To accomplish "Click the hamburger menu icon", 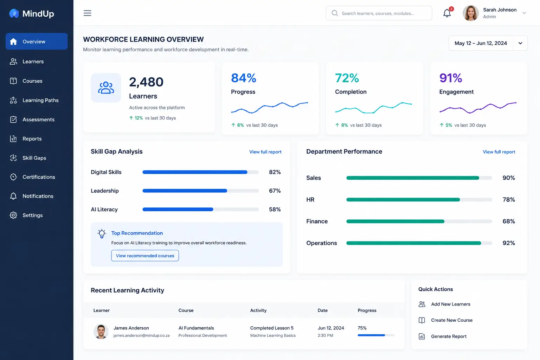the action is coord(87,13).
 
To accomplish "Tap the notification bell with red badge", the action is coord(448,13).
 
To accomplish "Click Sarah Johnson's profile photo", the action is coord(471,13).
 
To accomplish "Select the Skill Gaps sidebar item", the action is coord(34,158).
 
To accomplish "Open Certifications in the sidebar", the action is coord(39,177).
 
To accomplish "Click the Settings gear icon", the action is coord(13,215).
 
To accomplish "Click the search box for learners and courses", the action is coord(379,13).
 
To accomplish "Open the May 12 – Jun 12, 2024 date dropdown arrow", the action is coord(520,43).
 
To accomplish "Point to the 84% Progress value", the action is coord(244,78).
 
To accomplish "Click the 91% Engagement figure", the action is coord(451,78).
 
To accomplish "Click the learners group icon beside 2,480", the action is coord(106,88).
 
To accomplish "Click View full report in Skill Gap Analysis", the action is coord(265,152).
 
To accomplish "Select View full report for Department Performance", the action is coord(499,152).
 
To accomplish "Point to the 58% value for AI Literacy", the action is coord(275,209).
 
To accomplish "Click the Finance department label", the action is coord(317,221).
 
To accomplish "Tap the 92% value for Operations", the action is coord(508,243).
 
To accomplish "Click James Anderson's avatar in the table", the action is coord(101,331).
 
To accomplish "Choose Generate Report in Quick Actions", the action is coord(448,336).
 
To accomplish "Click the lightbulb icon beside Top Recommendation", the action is coord(102,233).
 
